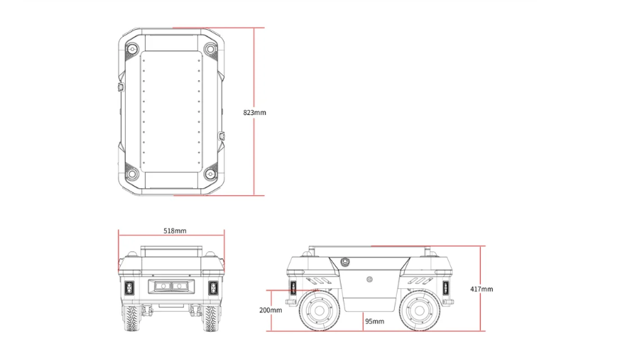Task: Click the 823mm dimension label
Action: coord(255,112)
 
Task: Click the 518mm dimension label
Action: coord(175,231)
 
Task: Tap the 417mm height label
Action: coord(481,289)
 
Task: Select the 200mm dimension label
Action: coord(271,310)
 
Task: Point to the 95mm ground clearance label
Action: coord(375,321)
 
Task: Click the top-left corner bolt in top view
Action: coord(132,49)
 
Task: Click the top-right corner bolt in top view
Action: coord(211,49)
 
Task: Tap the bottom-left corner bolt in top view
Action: coord(132,174)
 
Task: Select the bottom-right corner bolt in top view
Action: coord(211,174)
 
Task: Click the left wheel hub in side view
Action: coord(319,311)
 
